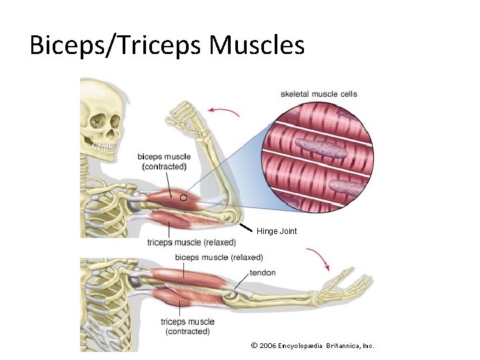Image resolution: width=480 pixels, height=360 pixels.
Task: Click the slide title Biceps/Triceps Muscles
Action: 167,45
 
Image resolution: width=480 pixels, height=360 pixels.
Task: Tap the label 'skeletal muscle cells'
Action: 319,94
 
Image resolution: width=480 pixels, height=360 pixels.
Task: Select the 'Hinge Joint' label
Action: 277,231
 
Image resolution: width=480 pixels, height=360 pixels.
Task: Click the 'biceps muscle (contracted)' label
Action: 164,161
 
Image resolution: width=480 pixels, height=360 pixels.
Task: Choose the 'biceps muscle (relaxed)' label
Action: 219,257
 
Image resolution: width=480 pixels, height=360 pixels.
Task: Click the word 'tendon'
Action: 262,273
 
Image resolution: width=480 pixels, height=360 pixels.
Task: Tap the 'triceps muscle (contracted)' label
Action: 188,327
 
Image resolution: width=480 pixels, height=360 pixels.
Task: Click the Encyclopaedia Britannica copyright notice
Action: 313,345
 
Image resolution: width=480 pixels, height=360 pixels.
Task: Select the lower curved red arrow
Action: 319,257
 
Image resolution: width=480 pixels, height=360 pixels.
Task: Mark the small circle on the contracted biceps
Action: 183,197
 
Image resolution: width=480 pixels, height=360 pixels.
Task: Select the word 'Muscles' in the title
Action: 257,45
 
